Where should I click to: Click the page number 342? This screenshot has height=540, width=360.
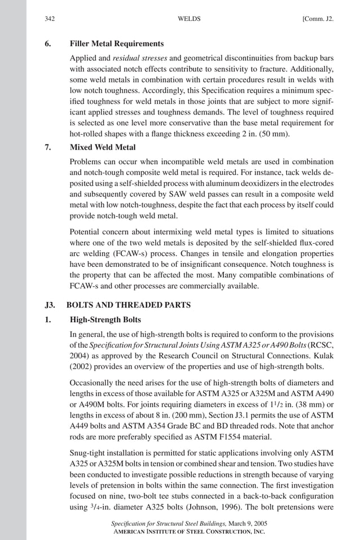pos(50,19)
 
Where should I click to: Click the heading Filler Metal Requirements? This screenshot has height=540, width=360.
pos(117,43)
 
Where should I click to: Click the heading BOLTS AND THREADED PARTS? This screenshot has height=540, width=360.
pos(129,305)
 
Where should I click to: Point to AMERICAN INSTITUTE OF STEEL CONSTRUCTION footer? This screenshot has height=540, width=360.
pos(180,532)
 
